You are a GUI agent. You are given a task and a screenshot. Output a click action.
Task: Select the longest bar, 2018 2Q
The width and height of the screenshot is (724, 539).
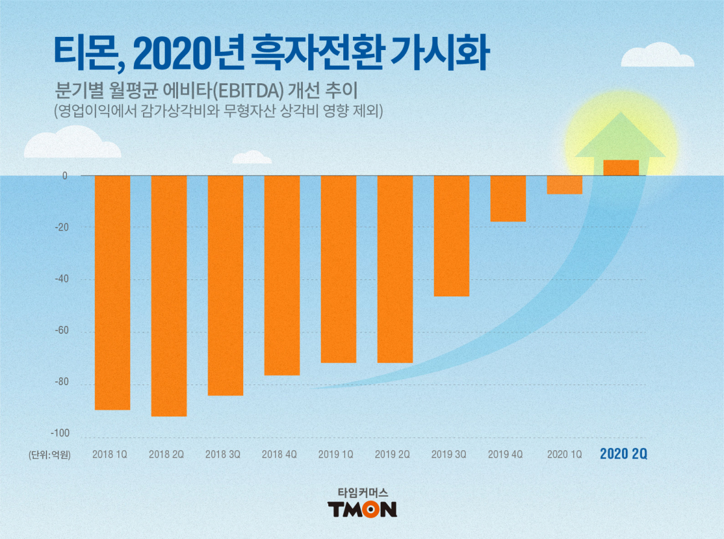point(169,296)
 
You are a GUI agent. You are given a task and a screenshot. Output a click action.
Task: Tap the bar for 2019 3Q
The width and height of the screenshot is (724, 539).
point(451,235)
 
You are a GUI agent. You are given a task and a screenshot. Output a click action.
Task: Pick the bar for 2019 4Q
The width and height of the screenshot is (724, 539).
point(508,199)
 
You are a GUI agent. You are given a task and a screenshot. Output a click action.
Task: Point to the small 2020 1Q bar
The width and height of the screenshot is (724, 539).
point(565,185)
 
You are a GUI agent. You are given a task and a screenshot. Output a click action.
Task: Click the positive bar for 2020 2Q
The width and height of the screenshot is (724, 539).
point(621,168)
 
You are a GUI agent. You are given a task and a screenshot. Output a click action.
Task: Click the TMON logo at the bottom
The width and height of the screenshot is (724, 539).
point(362,509)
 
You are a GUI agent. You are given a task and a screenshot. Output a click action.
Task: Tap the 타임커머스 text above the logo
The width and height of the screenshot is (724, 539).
point(362,492)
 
